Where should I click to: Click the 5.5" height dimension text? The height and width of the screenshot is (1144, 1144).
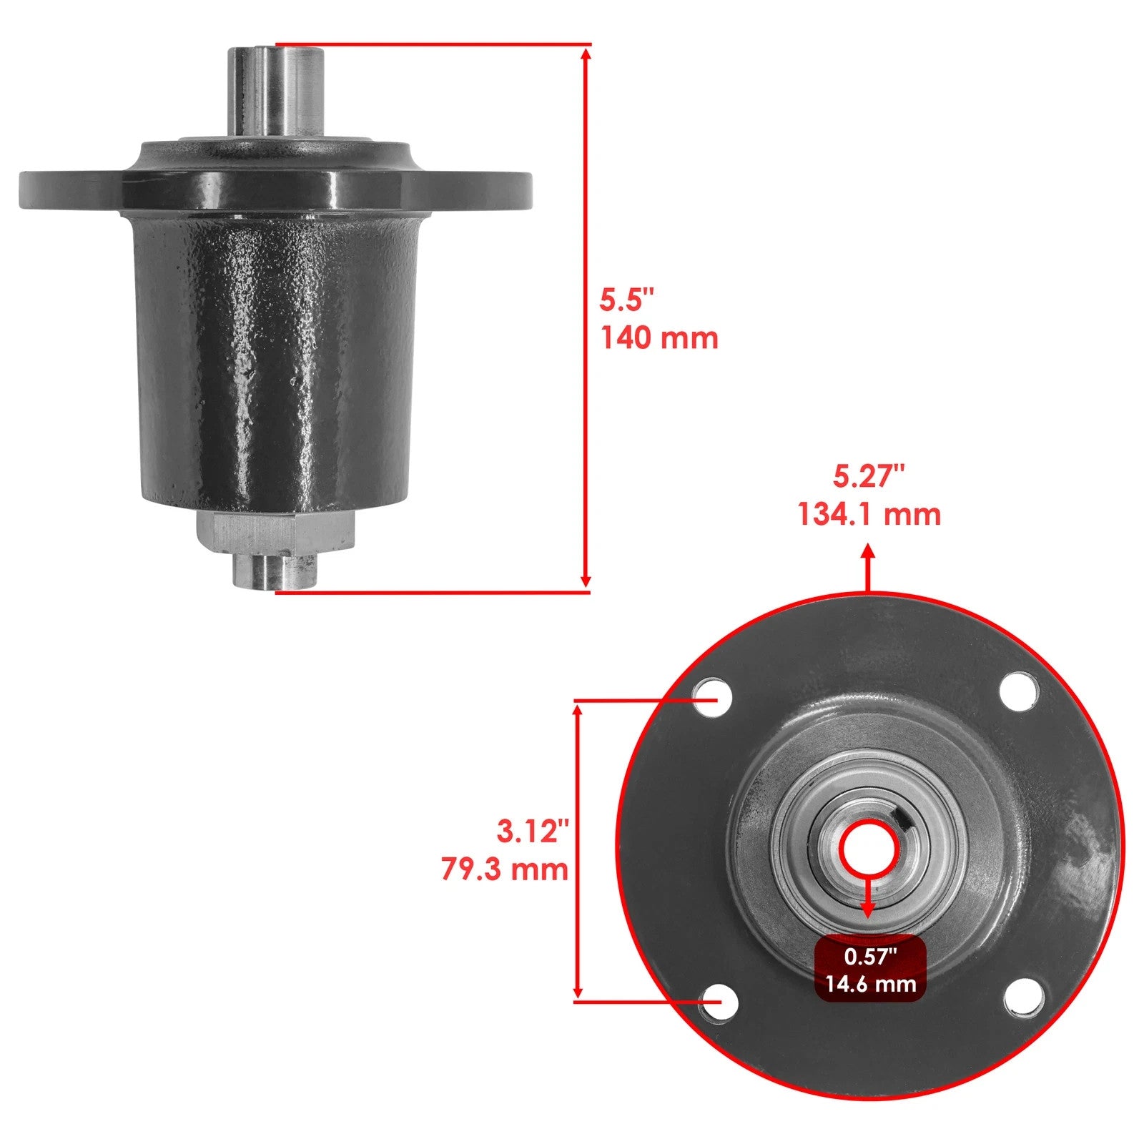pos(626,300)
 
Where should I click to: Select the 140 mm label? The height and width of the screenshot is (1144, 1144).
pos(659,337)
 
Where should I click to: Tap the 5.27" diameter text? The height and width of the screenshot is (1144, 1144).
pos(869,476)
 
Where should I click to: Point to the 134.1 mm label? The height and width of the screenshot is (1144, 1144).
pos(869,514)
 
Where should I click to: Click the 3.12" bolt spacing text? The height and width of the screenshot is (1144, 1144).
pos(533,832)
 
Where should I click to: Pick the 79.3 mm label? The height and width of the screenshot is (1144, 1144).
pos(505,869)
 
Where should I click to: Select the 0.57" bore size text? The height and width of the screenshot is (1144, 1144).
pos(870,956)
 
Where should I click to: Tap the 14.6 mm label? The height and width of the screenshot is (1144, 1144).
pos(870,984)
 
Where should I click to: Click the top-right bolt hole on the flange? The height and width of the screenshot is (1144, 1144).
pos(1018,691)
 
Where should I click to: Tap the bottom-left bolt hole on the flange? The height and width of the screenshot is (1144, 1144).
pos(719,1002)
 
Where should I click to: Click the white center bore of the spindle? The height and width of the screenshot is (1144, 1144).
pos(867,848)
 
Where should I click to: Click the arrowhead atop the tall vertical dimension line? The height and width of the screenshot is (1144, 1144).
pos(586,54)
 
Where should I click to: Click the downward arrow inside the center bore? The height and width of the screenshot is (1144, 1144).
pos(868,909)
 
